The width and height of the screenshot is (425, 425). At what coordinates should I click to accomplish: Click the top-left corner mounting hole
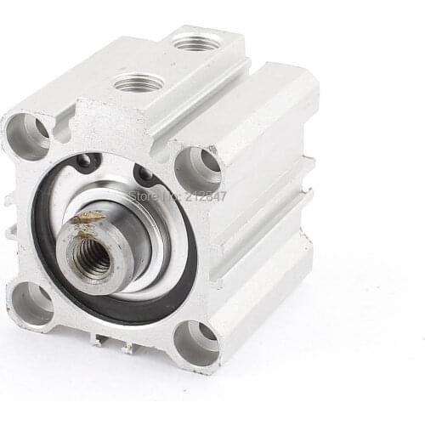tap(31, 135)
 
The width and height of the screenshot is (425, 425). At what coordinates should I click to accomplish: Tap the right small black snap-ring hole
tap(145, 174)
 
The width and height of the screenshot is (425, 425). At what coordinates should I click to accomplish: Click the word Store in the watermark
tap(143, 196)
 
